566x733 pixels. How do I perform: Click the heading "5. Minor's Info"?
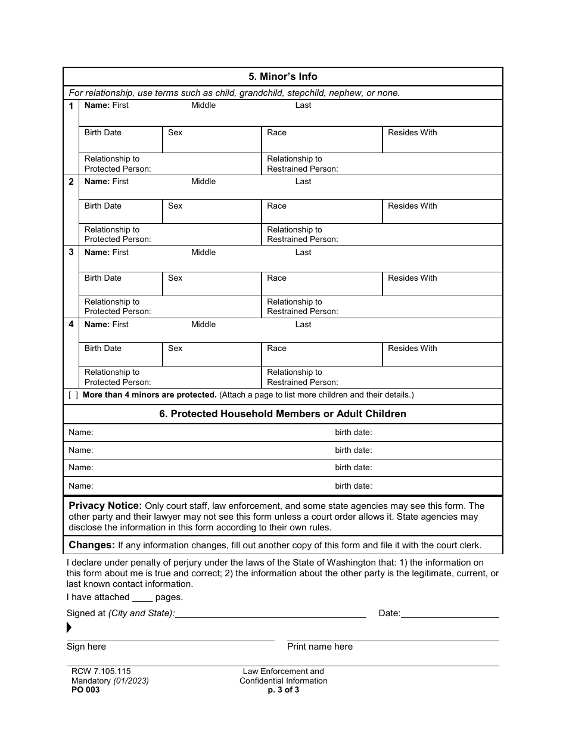point(282,76)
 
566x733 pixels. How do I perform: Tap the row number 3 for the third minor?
point(71,252)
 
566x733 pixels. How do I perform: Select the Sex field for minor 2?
point(212,212)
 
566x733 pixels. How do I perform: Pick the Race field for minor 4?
point(322,355)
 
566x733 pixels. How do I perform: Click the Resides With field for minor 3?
point(442,284)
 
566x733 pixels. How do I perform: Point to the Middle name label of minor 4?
point(203,324)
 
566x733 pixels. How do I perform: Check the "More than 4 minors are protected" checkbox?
point(73,395)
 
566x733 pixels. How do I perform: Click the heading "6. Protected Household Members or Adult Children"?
point(282,414)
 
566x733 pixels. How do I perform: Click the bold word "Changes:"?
point(92,545)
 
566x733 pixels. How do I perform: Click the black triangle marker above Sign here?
point(69,627)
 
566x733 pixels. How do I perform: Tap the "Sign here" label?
point(86,647)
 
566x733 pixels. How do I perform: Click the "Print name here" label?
point(320,647)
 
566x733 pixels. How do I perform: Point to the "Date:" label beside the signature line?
point(390,613)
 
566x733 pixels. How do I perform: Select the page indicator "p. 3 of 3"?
point(284,690)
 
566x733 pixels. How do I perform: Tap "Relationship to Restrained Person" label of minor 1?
point(302,164)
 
